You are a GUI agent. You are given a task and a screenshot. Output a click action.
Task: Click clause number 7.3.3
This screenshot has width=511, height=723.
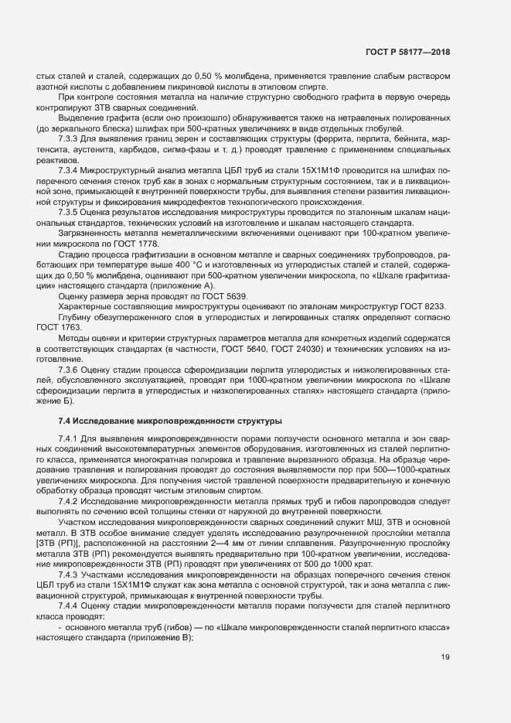[69, 138]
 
